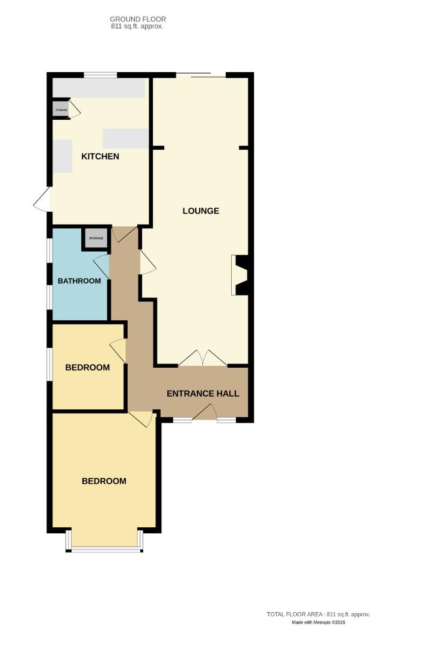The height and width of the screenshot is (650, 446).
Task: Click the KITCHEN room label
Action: pyautogui.click(x=101, y=156)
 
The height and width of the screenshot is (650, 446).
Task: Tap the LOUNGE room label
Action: pyautogui.click(x=201, y=211)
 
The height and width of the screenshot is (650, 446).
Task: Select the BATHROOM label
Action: pyautogui.click(x=79, y=281)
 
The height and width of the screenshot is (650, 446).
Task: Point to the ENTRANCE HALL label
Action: pyautogui.click(x=203, y=394)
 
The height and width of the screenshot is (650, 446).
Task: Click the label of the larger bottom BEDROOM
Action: pyautogui.click(x=104, y=481)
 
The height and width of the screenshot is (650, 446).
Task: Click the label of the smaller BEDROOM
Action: pyautogui.click(x=88, y=367)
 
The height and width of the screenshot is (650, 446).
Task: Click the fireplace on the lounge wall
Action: pyautogui.click(x=241, y=275)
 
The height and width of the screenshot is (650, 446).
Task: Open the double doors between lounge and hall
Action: pyautogui.click(x=203, y=359)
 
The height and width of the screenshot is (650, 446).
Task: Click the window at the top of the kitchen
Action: pyautogui.click(x=100, y=75)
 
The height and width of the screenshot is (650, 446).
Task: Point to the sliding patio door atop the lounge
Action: pyautogui.click(x=201, y=75)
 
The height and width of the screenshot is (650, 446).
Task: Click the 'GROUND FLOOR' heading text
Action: pyautogui.click(x=138, y=19)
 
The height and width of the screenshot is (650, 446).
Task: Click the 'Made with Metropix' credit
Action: pyautogui.click(x=318, y=622)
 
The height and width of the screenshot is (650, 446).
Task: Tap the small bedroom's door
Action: pyautogui.click(x=119, y=351)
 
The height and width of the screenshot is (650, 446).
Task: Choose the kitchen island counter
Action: pyautogui.click(x=126, y=138)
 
